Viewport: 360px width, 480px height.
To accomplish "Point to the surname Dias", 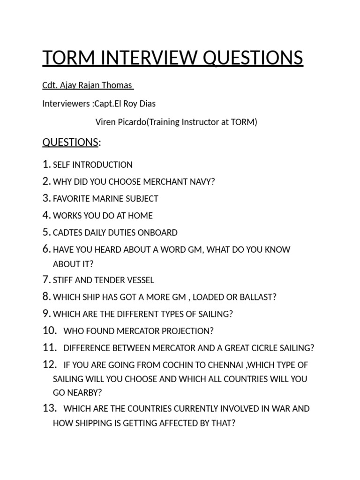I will pos(147,104).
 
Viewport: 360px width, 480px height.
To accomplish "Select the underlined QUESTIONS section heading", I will pos(70,142).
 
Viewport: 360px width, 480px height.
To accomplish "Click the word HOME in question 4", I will pos(142,216).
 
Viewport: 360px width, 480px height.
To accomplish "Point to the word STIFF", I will pos(63,280).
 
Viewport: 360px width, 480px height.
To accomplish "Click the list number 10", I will pos(49,331).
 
